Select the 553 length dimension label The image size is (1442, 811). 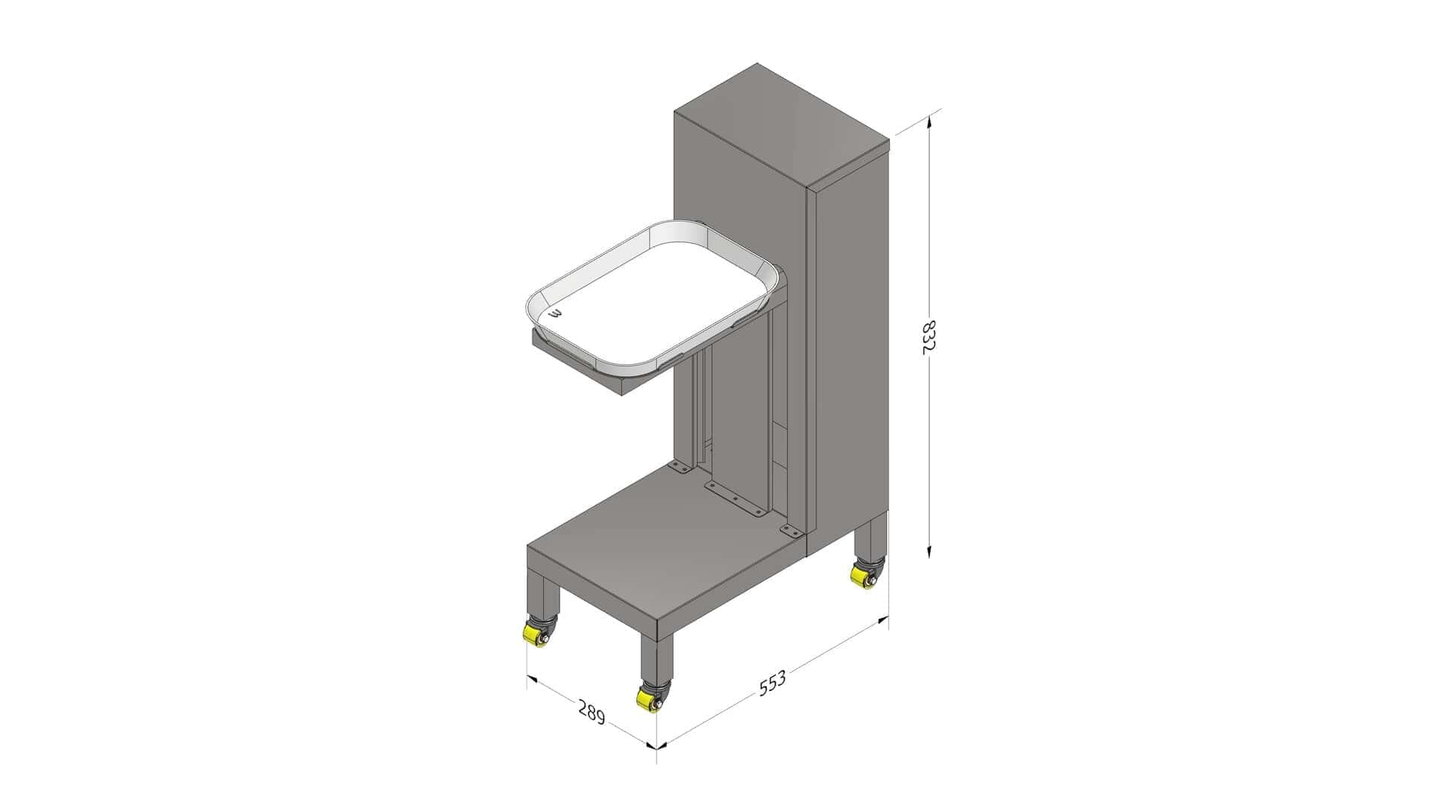point(772,683)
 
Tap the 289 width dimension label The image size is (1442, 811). point(591,712)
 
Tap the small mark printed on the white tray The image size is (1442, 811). point(555,313)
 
